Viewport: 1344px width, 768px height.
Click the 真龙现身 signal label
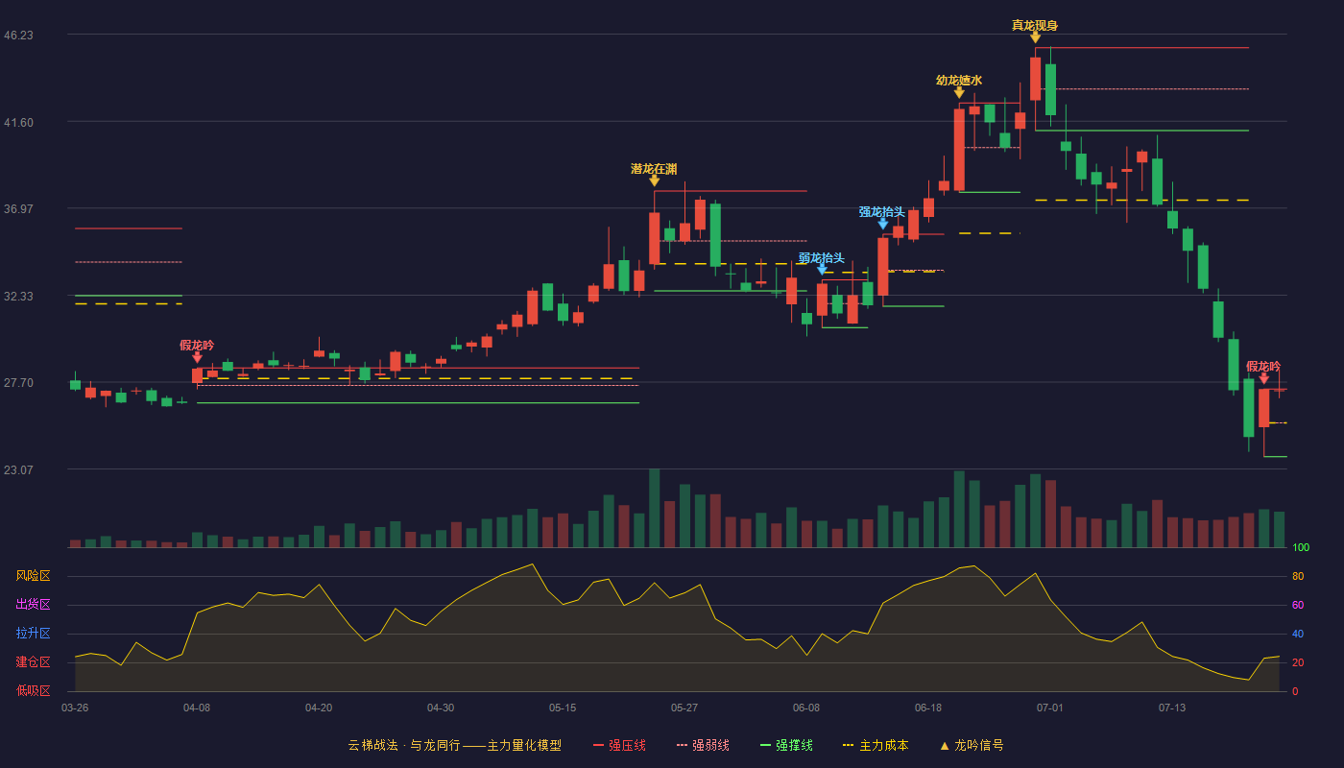[x=1035, y=25]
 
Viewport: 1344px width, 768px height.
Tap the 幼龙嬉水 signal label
[x=959, y=81]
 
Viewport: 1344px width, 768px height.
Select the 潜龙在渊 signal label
[x=654, y=169]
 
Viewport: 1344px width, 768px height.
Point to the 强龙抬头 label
[x=882, y=212]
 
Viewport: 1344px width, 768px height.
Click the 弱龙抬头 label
[x=822, y=258]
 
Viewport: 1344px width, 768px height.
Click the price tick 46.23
[x=18, y=36]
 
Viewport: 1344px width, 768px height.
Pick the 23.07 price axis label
[x=18, y=469]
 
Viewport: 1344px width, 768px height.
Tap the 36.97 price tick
[x=18, y=209]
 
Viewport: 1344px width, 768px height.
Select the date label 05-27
[x=684, y=708]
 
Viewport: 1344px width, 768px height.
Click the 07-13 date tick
[x=1172, y=708]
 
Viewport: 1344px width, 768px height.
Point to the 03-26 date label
[x=75, y=708]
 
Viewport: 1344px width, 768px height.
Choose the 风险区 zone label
[x=33, y=576]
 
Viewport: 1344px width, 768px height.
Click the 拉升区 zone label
[x=33, y=634]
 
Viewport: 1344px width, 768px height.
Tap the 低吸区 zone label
[x=33, y=691]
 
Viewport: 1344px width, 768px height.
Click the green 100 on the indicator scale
[x=1301, y=547]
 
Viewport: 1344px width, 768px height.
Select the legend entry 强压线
[x=619, y=745]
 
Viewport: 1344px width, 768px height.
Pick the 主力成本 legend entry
[x=876, y=745]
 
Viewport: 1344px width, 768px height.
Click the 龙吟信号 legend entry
[x=972, y=745]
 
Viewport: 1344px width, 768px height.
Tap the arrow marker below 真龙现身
[x=1035, y=37]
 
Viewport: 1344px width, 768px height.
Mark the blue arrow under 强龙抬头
[x=882, y=225]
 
